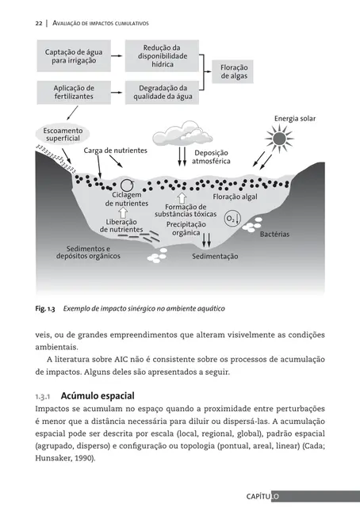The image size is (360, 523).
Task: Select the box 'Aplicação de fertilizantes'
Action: coord(75,93)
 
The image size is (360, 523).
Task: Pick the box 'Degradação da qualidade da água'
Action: coord(163,93)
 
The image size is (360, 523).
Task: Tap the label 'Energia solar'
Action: coord(295,119)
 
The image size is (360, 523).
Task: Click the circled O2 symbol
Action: coord(232,217)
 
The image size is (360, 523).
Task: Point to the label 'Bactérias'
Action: coord(275,235)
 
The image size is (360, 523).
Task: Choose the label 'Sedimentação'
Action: coord(215,257)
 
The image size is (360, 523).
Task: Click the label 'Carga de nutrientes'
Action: coord(116,150)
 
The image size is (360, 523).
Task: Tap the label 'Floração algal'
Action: coord(235,197)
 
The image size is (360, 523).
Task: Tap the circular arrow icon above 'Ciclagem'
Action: coord(126,186)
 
